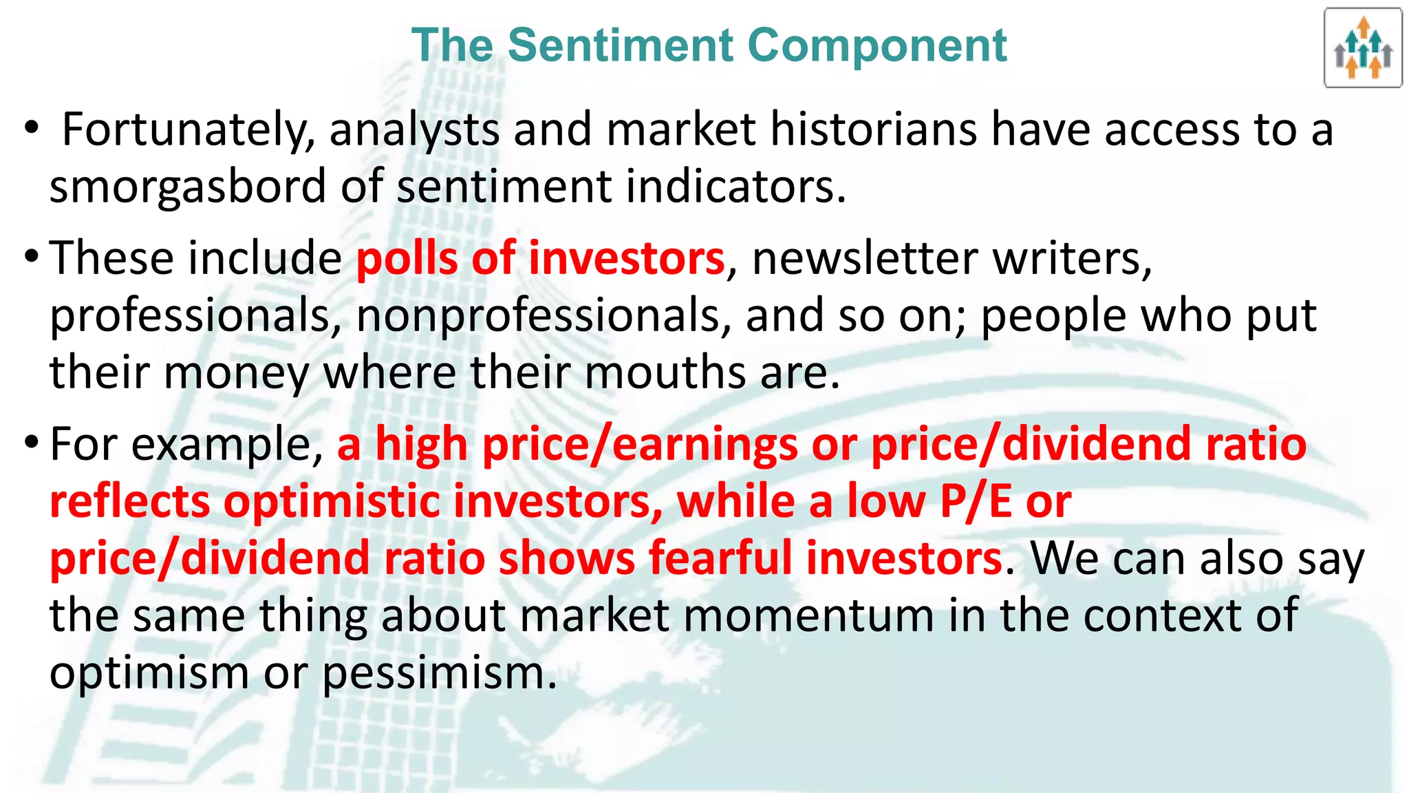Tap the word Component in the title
click(x=876, y=45)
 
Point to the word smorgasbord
click(x=187, y=187)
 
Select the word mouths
click(x=665, y=372)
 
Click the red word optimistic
click(x=332, y=501)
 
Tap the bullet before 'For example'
click(x=30, y=443)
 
